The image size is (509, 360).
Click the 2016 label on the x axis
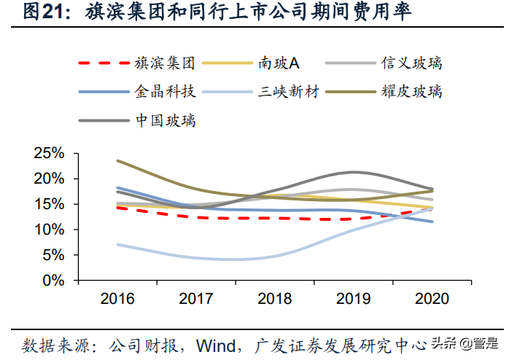[118, 299]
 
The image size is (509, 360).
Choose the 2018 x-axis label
[276, 299]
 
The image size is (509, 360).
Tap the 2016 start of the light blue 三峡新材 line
[118, 244]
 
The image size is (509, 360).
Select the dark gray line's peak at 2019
[354, 173]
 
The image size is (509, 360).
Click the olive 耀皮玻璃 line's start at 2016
[118, 160]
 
